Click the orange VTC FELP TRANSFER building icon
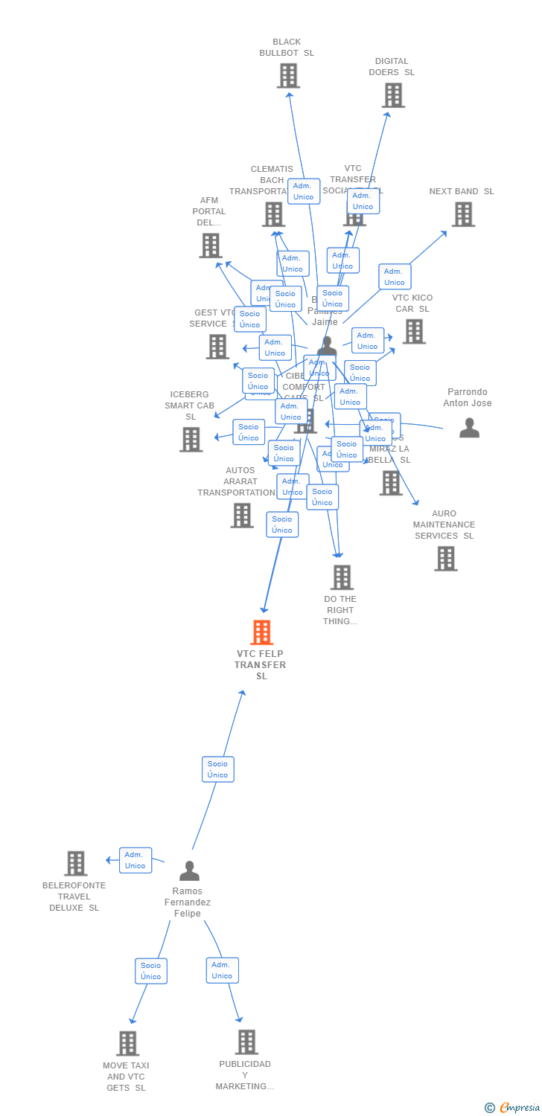click(261, 632)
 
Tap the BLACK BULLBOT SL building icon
click(288, 76)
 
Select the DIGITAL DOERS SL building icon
click(393, 95)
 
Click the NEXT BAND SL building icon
click(463, 214)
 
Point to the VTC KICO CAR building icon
click(414, 332)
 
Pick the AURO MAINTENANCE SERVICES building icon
click(446, 559)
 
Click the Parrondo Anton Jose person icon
click(469, 428)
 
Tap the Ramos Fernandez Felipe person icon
click(189, 870)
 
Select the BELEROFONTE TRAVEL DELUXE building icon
click(75, 864)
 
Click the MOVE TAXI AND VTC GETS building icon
click(127, 1043)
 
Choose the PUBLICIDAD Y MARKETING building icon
click(246, 1042)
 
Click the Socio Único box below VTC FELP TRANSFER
click(218, 769)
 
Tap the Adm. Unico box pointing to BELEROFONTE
click(135, 860)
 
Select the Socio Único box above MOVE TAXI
click(151, 971)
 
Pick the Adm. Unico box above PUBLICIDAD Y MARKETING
click(223, 970)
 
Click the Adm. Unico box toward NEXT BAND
click(395, 277)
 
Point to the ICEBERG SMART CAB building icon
click(191, 440)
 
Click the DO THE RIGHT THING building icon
click(342, 577)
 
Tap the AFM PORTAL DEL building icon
click(211, 246)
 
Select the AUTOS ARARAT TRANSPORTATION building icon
click(241, 515)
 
